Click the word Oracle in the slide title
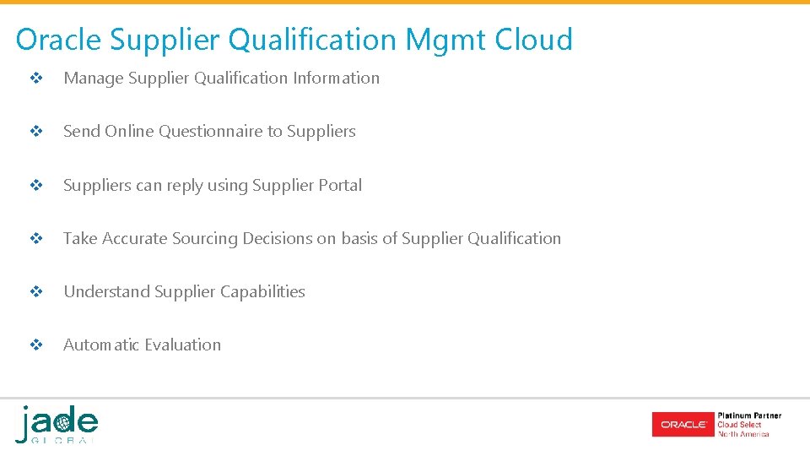click(57, 40)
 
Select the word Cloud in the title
click(533, 40)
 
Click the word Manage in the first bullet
click(94, 79)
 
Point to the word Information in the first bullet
click(337, 79)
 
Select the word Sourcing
click(205, 239)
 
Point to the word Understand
click(107, 292)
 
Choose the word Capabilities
click(262, 292)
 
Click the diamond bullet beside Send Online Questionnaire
click(36, 132)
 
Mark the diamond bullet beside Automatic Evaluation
click(36, 345)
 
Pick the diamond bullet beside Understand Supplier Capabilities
click(36, 292)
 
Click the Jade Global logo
click(57, 424)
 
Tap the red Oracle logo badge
click(683, 424)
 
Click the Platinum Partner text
click(749, 415)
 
